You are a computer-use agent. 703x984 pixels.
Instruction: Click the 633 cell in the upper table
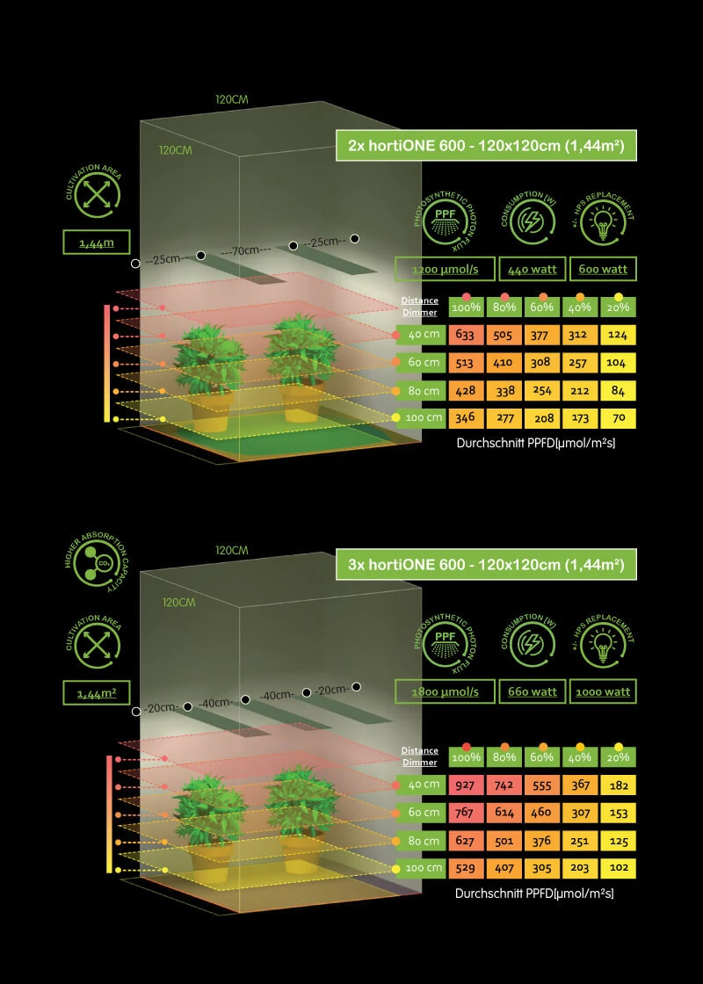[x=466, y=335]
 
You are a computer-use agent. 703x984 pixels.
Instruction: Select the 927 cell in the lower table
[x=466, y=785]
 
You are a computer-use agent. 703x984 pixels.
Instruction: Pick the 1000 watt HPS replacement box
[x=603, y=691]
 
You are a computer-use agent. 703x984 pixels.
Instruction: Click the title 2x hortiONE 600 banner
[x=486, y=146]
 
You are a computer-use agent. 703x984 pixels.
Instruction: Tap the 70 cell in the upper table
[x=619, y=417]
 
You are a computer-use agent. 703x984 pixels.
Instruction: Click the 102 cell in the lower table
[x=619, y=868]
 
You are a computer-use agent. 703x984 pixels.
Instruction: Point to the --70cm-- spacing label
[x=245, y=250]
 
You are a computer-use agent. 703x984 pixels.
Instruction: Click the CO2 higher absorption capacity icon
[x=91, y=562]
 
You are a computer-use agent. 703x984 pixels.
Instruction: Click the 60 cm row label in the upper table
[x=423, y=362]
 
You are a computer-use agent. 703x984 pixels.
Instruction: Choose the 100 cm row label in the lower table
[x=423, y=868]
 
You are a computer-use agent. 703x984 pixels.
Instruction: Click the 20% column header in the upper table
[x=619, y=307]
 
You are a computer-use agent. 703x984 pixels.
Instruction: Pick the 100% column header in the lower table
[x=466, y=756]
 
